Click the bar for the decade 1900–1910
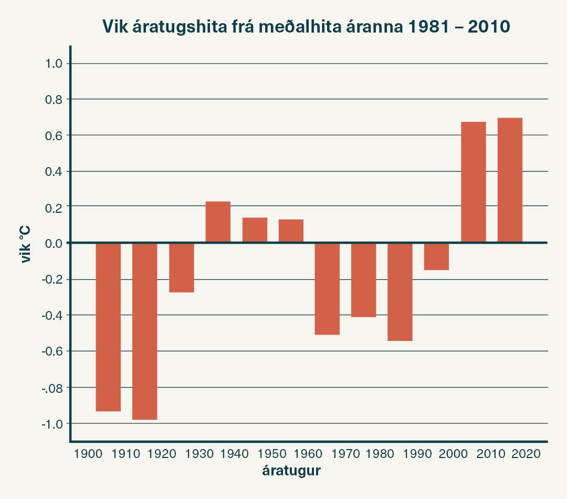coord(108,327)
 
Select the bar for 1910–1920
coord(144,331)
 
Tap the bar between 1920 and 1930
coord(181,267)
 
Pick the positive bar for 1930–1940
coord(218,222)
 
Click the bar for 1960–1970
coord(327,288)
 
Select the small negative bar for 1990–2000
coord(436,256)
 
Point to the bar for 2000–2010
coord(473,182)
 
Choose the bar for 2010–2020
coord(510,180)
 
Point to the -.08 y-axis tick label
coord(51,388)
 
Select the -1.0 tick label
coord(51,423)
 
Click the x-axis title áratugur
coord(291,471)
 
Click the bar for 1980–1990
coord(400,292)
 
